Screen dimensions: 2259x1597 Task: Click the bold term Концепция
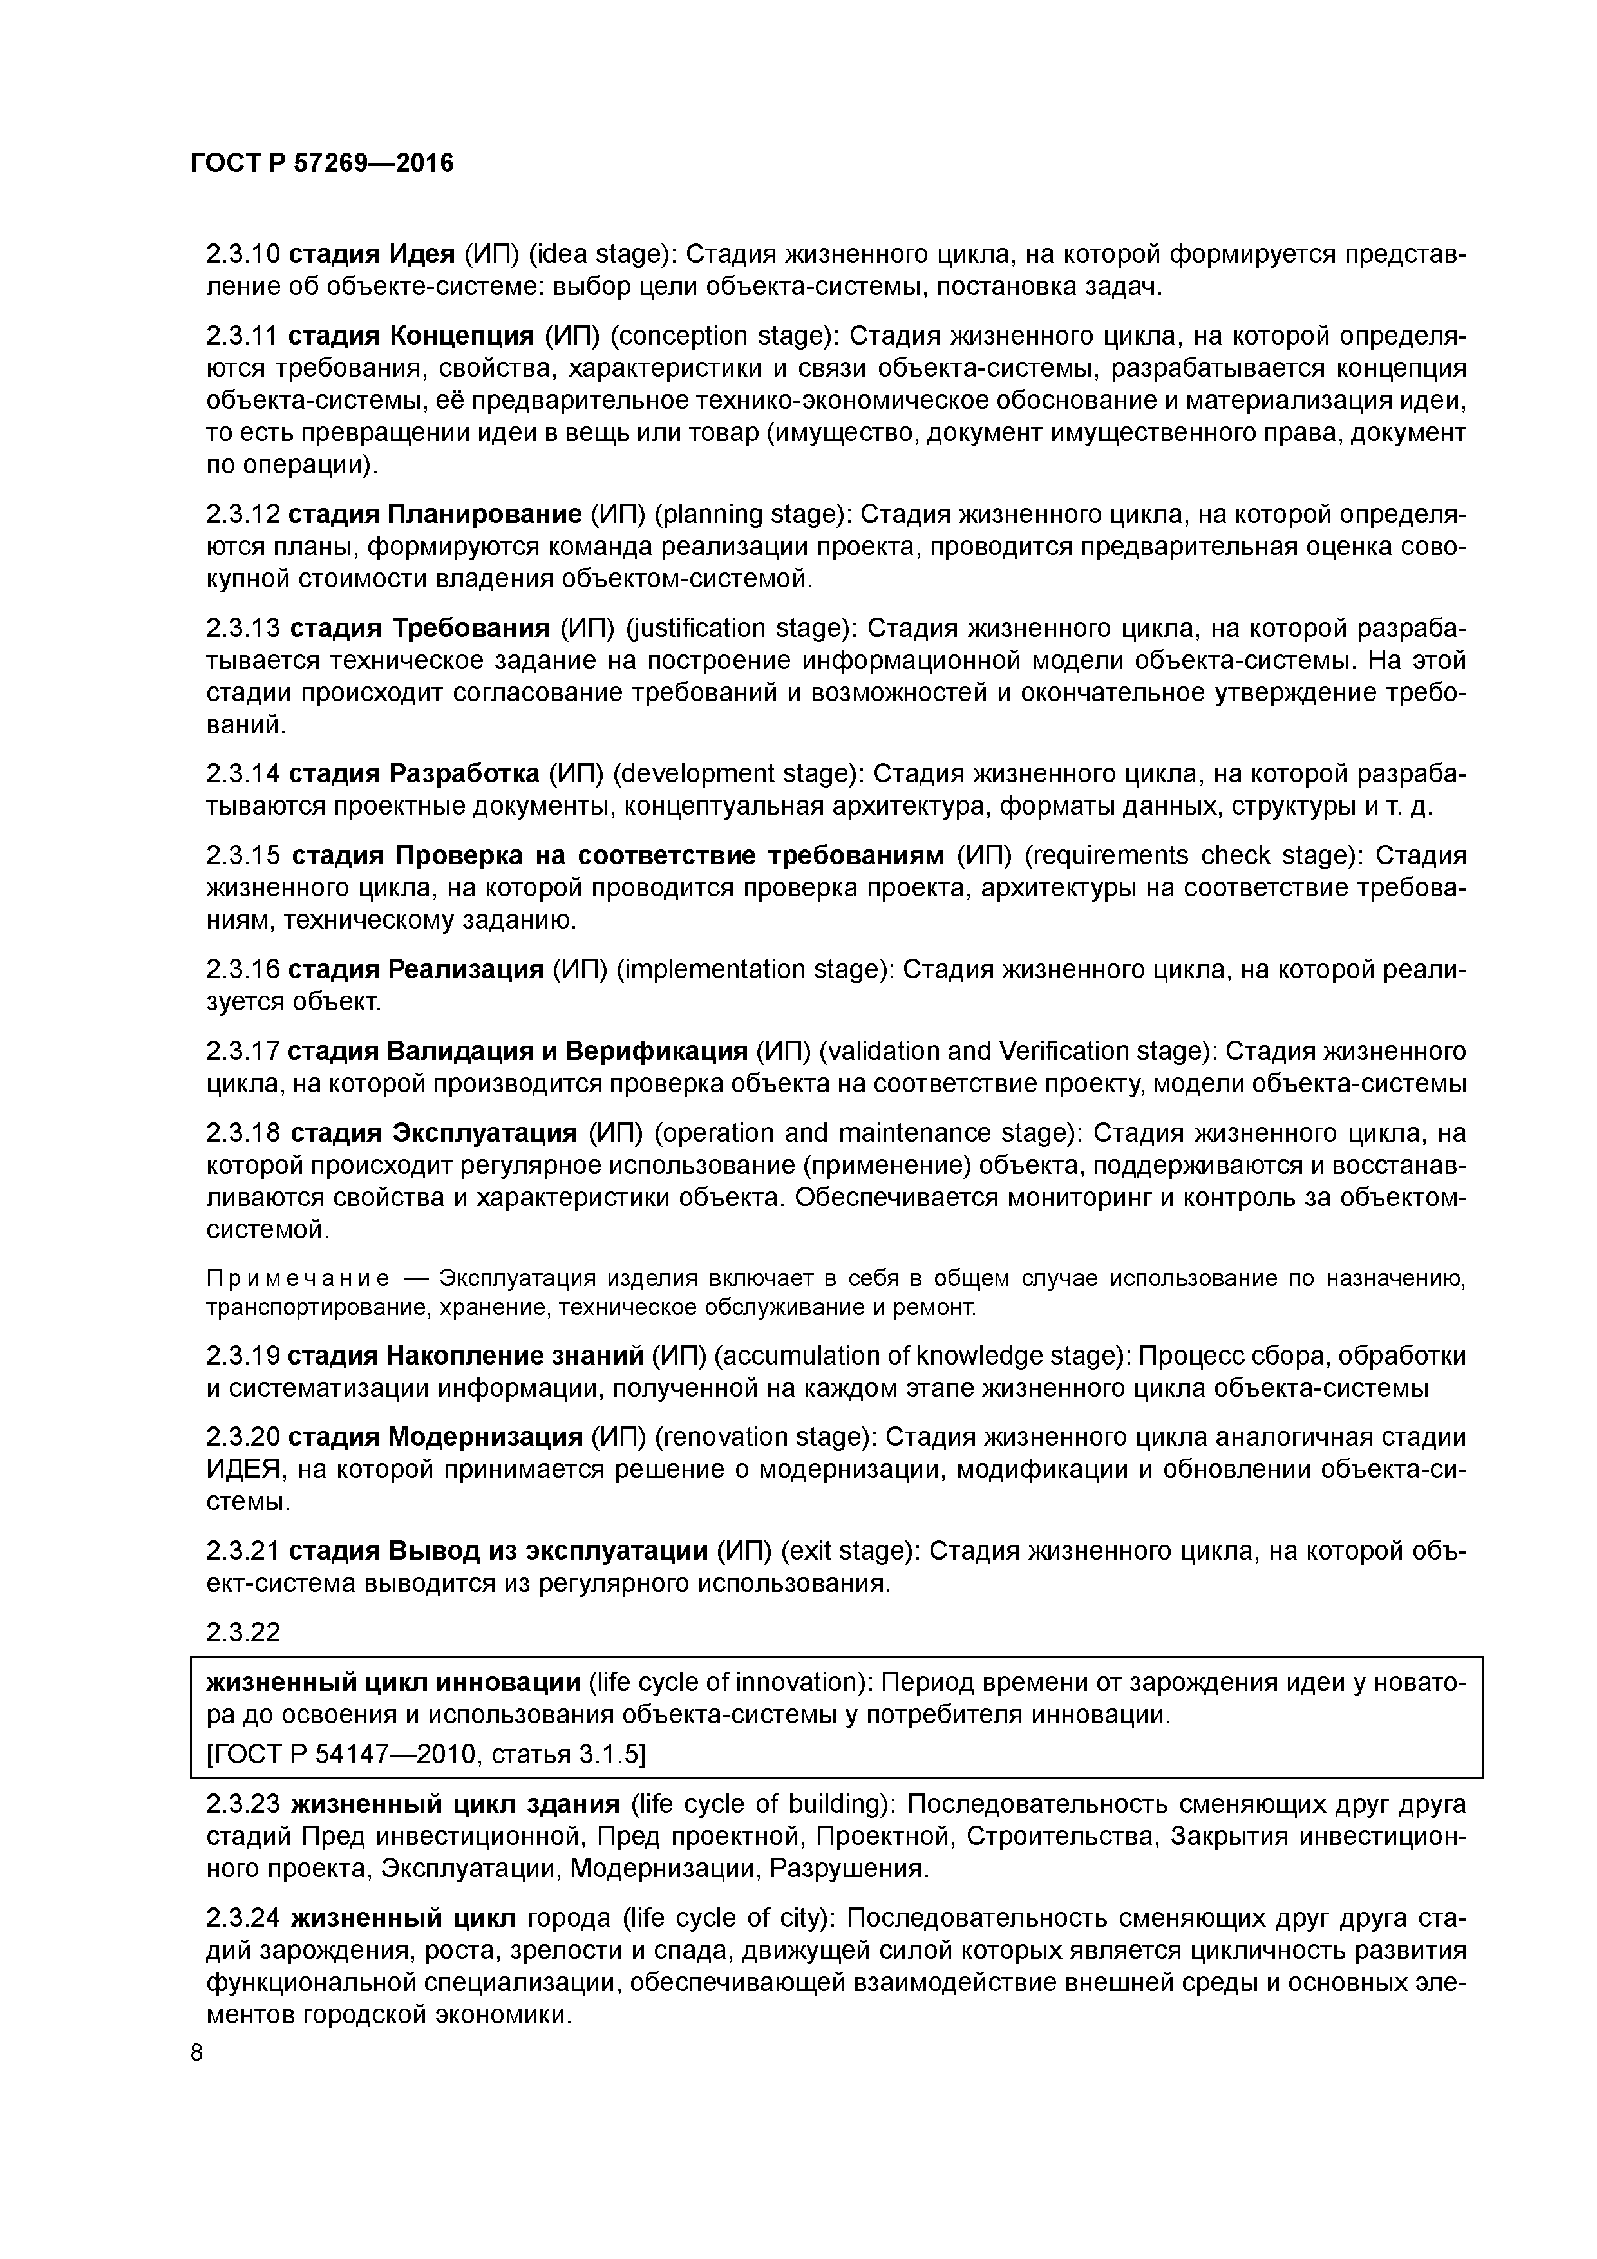click(462, 337)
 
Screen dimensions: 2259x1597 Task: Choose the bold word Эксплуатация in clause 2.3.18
click(485, 1133)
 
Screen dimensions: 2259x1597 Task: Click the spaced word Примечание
click(297, 1279)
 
